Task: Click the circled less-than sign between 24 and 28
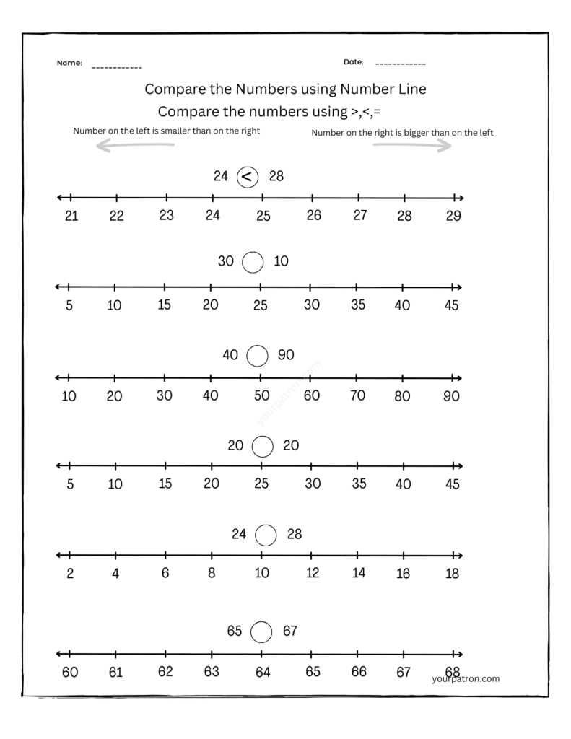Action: coord(248,176)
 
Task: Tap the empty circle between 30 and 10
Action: coord(253,262)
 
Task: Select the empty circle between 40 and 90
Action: coord(258,355)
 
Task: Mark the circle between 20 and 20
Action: coord(263,446)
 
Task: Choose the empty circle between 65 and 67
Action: coord(261,632)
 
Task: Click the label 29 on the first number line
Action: coord(453,216)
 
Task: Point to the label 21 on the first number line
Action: coord(71,216)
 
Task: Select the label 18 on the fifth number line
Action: coord(452,574)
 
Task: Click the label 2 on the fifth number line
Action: coord(70,574)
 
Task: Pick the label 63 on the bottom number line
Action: coord(212,673)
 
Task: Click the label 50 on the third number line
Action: coord(261,395)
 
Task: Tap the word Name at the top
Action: coord(69,64)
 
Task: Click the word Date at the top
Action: coord(353,62)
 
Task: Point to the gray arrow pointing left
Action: coord(136,146)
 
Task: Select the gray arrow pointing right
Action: coord(412,145)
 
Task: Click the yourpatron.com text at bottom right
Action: coord(466,678)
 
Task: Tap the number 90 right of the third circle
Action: coord(286,354)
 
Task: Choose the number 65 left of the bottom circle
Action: coord(235,631)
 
